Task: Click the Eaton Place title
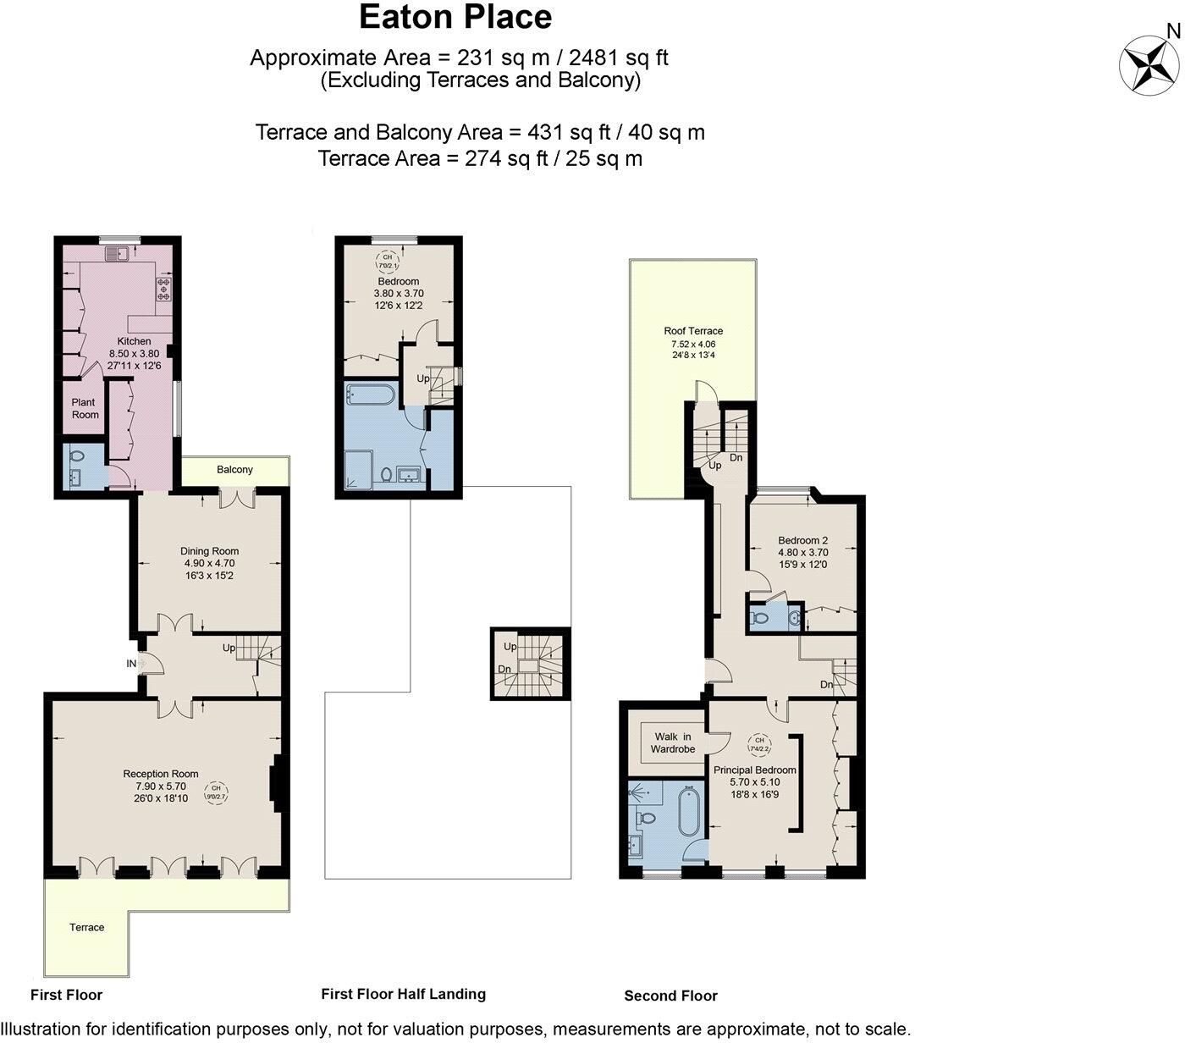pos(455,17)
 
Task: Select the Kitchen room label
pos(134,341)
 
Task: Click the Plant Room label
pos(85,408)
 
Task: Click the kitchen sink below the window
pos(116,252)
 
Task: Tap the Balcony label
pos(234,470)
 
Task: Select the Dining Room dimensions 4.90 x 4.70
pos(209,563)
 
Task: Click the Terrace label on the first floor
pos(86,927)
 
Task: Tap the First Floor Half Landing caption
pos(403,994)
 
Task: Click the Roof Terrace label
pos(693,331)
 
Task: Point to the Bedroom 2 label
pos(802,540)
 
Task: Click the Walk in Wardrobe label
pos(672,742)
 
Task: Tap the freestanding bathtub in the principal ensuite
pos(691,819)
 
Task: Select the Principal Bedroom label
pos(754,770)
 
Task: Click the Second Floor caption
pos(670,996)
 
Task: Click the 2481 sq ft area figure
pos(619,58)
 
